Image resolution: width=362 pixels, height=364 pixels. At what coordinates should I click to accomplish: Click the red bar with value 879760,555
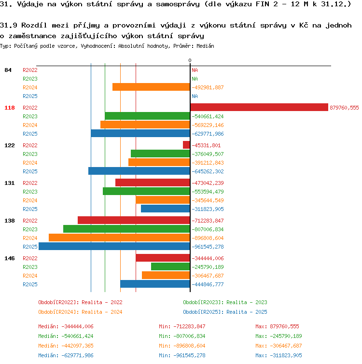tap(259, 107)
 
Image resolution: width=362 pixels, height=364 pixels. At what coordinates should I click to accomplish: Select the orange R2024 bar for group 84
tap(151, 87)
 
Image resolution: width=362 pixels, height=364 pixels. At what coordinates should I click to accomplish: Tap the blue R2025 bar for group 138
tap(114, 246)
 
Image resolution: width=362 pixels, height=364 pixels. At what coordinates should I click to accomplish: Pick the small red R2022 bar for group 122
tap(187, 145)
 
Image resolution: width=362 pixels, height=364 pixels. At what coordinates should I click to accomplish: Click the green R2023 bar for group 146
tap(170, 266)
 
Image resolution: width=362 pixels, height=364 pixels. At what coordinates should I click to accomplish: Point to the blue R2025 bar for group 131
tap(166, 209)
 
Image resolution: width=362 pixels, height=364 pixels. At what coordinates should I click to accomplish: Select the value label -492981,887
tap(208, 87)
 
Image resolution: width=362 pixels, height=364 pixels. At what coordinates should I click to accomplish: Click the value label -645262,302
tap(208, 171)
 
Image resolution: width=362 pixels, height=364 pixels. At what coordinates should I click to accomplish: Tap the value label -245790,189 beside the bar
tap(208, 267)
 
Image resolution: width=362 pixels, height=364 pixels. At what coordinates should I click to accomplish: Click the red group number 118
tap(10, 108)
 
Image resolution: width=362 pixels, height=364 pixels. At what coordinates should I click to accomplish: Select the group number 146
tap(10, 258)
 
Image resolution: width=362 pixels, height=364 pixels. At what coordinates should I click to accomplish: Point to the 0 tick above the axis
tap(190, 61)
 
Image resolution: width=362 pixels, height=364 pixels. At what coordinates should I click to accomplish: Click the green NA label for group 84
tap(195, 79)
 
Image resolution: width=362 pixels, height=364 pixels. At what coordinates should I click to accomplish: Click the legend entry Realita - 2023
tap(247, 302)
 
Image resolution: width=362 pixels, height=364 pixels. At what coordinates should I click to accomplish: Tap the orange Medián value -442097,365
tap(77, 346)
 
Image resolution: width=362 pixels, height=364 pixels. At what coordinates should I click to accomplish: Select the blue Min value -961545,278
tap(189, 355)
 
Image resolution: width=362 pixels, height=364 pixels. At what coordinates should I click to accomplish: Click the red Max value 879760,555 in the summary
tap(284, 327)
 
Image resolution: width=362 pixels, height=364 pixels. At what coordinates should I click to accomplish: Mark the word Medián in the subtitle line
tap(205, 46)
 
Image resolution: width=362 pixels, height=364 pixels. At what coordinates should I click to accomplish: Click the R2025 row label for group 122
tap(30, 171)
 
